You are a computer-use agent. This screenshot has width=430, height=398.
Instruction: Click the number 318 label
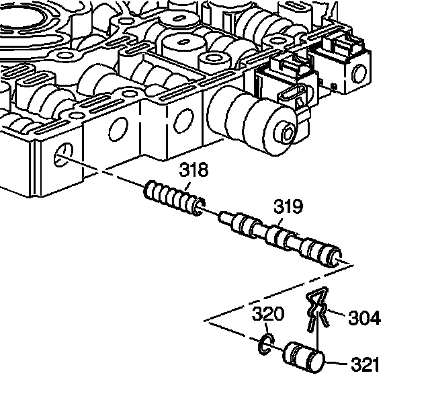click(x=194, y=170)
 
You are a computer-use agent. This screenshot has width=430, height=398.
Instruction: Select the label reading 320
click(x=268, y=313)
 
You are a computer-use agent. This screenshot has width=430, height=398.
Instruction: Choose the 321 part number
click(x=365, y=365)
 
